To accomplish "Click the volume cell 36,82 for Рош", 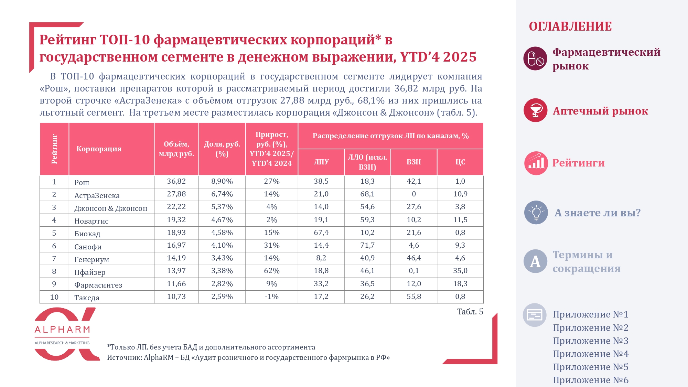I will [x=176, y=181].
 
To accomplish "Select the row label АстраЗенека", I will [x=97, y=195].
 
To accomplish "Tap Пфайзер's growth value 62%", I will [x=271, y=271].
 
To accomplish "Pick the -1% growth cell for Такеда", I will [x=271, y=297].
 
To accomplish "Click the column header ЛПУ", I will [x=321, y=162].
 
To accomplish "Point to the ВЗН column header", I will [x=413, y=162].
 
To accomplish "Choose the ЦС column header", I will [x=460, y=162].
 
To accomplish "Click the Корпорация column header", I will [x=99, y=149].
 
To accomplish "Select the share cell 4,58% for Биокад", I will [x=222, y=233].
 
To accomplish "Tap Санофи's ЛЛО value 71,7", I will [x=367, y=245].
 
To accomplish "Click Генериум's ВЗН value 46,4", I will [x=413, y=258].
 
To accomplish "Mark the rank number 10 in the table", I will [x=54, y=297].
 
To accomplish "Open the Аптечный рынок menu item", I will [x=600, y=111].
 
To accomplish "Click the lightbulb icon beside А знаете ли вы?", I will [x=536, y=213].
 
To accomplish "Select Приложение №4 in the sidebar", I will [x=590, y=354].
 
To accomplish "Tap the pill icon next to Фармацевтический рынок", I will [x=535, y=58].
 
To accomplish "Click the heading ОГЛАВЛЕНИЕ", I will [x=570, y=26].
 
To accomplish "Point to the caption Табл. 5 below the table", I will [x=470, y=312].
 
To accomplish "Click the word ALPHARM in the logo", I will [x=62, y=330].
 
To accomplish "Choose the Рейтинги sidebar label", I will [x=578, y=163].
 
